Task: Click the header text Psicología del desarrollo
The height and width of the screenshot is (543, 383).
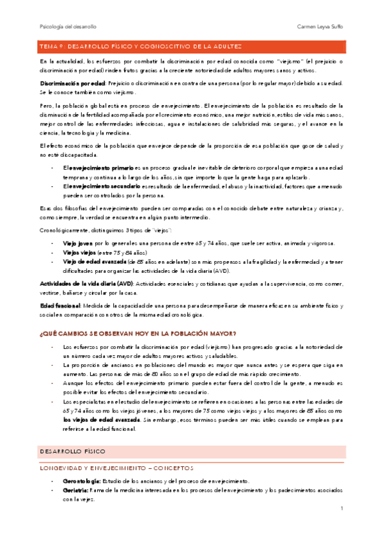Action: tap(68, 27)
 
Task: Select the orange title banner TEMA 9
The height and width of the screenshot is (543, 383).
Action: tap(192, 46)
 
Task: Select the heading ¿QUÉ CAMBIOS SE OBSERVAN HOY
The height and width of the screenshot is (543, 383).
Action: tap(138, 332)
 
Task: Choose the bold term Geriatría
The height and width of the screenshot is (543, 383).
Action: tap(75, 472)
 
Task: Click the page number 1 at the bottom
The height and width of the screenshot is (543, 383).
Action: tap(343, 509)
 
